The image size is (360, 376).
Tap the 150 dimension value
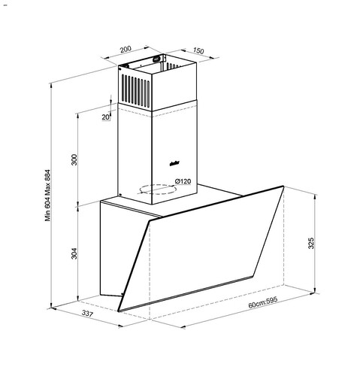198,50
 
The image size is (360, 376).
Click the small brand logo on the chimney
172,159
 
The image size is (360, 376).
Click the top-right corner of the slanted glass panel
283,187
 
